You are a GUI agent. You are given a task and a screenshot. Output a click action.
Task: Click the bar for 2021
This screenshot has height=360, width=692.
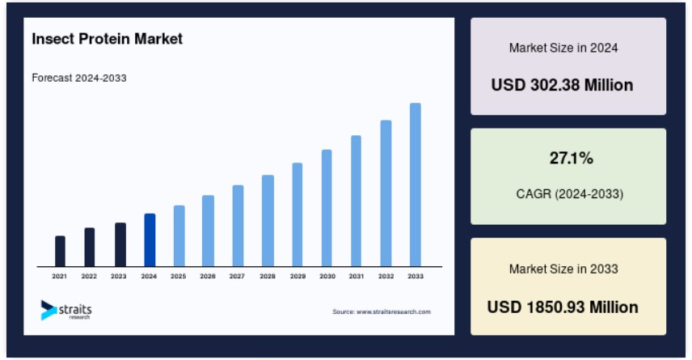[x=60, y=252]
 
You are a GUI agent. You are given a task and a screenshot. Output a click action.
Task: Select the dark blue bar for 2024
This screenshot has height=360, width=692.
[x=150, y=240]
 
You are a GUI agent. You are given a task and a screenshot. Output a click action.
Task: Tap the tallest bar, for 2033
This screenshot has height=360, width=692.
[x=416, y=185]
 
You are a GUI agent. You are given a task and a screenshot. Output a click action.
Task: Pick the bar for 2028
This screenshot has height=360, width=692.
[x=268, y=221]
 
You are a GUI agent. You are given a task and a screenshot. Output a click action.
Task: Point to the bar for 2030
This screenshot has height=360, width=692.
[x=327, y=208]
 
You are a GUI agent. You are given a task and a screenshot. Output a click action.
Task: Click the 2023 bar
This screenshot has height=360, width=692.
[x=120, y=244]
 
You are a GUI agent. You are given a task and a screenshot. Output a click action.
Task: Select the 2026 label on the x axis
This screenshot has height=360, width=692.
[x=208, y=276]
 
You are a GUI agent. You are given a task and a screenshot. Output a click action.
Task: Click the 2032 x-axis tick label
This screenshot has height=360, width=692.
[x=386, y=276]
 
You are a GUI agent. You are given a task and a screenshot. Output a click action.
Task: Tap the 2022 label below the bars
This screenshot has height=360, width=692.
[x=89, y=276]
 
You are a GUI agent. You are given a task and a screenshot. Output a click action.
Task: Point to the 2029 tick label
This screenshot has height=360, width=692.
[x=297, y=276]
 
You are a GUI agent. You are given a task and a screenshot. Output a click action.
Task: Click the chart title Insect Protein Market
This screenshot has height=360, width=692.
[x=108, y=39]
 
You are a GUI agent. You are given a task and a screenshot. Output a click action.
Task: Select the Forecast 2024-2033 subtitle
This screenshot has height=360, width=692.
[x=79, y=78]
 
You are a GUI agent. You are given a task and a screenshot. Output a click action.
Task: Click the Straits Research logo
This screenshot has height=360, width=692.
[x=66, y=310]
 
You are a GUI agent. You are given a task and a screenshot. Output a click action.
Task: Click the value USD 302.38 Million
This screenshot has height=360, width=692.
[x=563, y=85]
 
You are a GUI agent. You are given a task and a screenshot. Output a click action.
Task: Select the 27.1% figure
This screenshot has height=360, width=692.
[x=572, y=158]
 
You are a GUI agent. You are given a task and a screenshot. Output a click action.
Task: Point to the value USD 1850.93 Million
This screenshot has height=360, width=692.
[x=563, y=307]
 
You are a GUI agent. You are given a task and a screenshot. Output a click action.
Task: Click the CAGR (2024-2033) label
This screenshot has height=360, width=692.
[x=570, y=193]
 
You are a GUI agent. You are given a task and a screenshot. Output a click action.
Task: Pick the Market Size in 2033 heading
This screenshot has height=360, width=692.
[x=563, y=269]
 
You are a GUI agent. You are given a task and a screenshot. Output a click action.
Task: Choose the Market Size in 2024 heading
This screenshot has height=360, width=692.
[x=563, y=48]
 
